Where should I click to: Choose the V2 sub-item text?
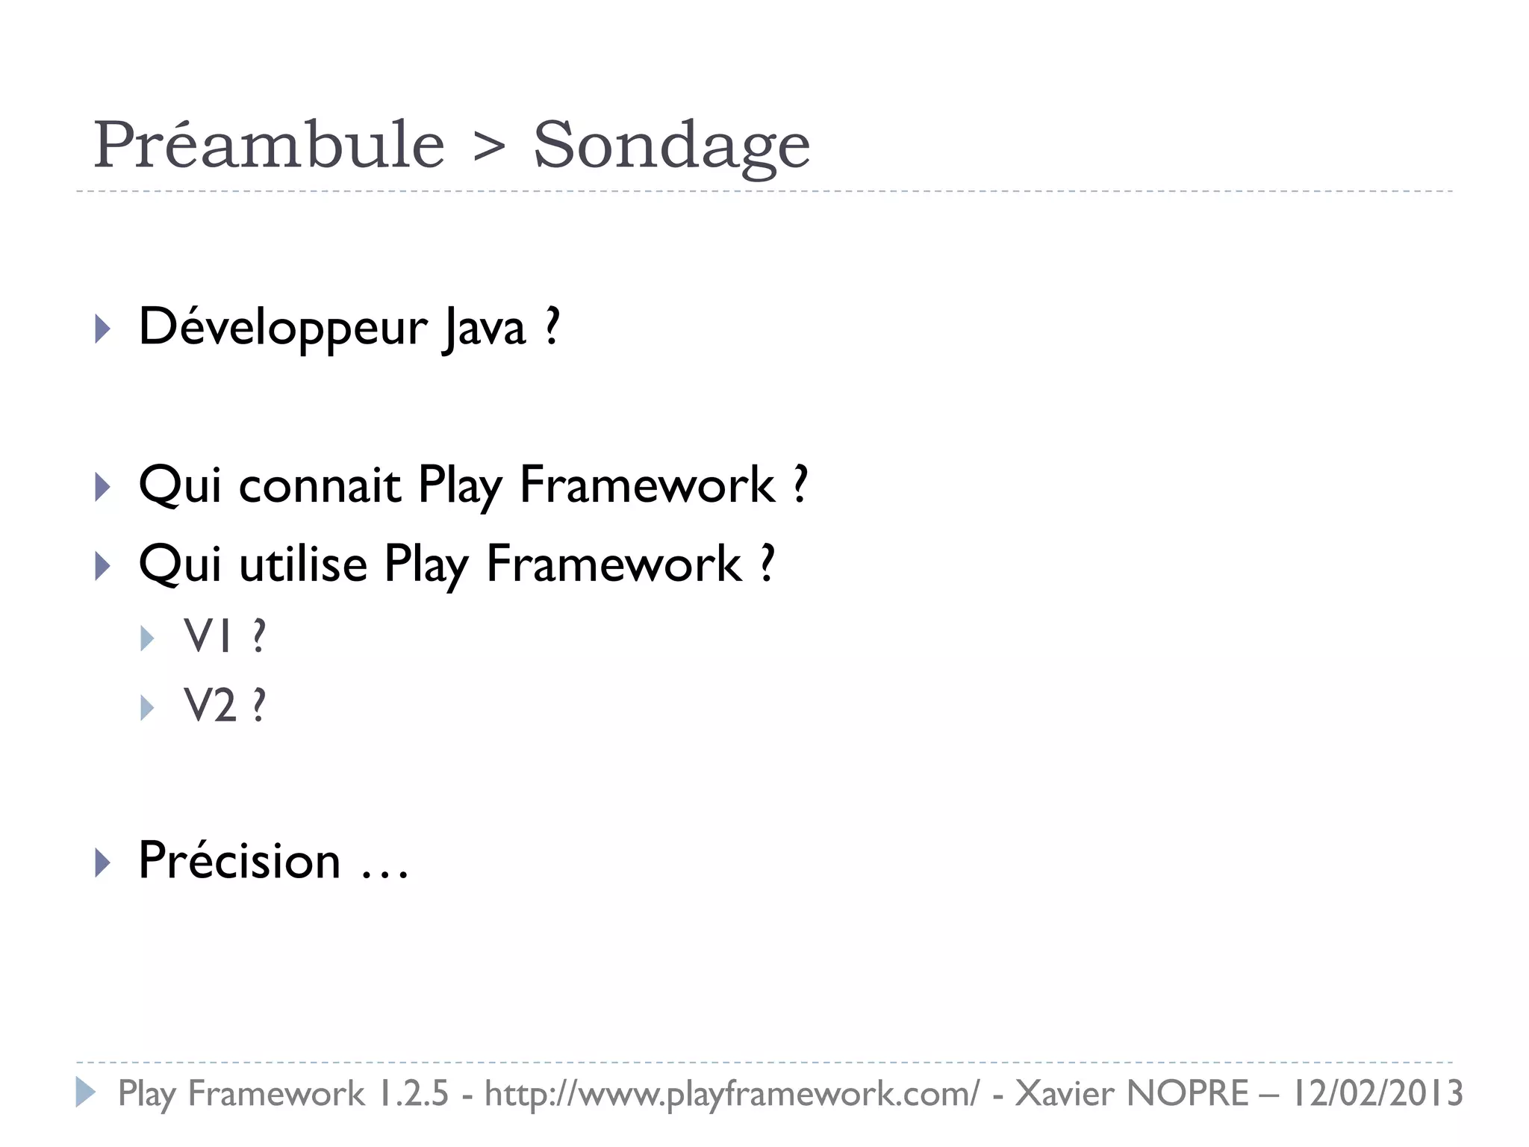[211, 705]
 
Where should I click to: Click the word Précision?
[240, 860]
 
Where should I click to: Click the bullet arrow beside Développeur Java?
[103, 329]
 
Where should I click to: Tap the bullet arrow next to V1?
[147, 638]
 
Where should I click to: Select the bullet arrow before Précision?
[103, 862]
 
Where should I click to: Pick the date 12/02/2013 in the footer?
[1377, 1093]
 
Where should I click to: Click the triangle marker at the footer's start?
[85, 1092]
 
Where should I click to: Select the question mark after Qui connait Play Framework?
[800, 485]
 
